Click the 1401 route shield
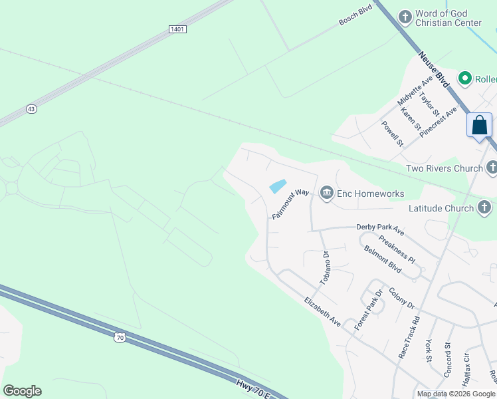pos(177,29)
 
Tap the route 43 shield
pos(31,108)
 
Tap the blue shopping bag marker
pos(479,125)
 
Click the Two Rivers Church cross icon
pos(491,167)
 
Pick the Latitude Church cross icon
pos(484,208)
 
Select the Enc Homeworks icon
pos(326,194)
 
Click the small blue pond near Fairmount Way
pos(278,186)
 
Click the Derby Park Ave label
pos(380,229)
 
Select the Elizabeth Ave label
pos(322,312)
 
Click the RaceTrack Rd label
pos(409,337)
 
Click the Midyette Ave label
pos(415,90)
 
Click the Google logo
pos(22,391)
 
